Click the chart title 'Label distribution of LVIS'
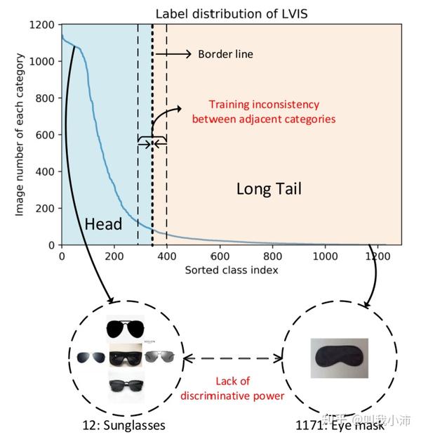(231, 13)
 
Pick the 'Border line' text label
(225, 54)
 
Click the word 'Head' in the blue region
(103, 224)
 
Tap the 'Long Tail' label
(269, 188)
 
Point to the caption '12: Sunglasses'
(127, 426)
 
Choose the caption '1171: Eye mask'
(341, 426)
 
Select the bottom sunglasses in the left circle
(126, 385)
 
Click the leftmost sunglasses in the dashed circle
(91, 357)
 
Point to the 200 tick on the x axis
(114, 257)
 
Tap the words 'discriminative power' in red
(232, 396)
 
